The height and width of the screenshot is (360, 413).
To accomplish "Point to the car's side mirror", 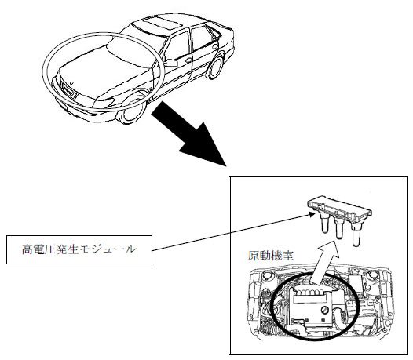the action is (171, 63).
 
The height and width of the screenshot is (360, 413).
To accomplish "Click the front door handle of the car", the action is (188, 60).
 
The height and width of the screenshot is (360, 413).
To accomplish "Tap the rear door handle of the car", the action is (215, 46).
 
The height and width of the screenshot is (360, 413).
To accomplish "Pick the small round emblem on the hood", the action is (71, 82).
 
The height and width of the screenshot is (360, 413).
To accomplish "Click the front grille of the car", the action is (68, 90).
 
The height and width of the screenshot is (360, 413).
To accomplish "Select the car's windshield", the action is (134, 53).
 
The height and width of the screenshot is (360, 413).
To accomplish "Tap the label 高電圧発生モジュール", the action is (79, 249).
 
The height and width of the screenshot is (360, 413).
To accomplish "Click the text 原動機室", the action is (271, 256).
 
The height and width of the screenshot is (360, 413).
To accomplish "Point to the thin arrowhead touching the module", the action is (312, 215).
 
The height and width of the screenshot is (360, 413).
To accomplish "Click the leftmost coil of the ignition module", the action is (324, 224).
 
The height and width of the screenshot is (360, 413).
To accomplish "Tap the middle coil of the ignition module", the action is (339, 229).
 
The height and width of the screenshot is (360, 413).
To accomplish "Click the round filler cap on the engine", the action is (325, 311).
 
